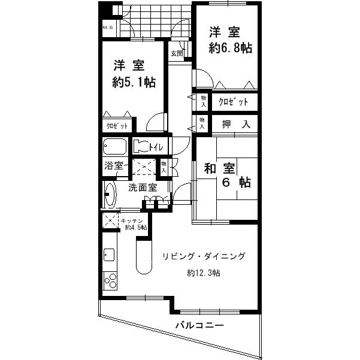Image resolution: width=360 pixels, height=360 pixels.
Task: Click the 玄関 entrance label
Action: point(176,53)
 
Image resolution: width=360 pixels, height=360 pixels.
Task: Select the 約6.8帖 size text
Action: point(230,49)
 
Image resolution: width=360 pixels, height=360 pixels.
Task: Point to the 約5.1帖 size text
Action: point(134,82)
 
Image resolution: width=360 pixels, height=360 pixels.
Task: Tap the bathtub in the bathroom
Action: point(114,147)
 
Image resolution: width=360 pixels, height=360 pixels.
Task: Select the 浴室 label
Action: point(114,166)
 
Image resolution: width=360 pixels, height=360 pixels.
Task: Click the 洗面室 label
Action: point(143,187)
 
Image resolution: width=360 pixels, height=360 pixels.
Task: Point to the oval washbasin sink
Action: point(110,195)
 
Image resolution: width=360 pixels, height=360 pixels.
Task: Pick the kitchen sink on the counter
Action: point(109,254)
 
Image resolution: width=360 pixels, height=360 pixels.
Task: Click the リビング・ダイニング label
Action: point(203,256)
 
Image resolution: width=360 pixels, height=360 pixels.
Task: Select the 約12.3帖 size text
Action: point(202,273)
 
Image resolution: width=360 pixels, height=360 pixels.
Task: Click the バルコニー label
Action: point(199,326)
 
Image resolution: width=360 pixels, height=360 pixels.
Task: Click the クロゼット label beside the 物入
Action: point(233,102)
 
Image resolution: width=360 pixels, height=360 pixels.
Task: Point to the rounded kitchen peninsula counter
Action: point(143,258)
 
